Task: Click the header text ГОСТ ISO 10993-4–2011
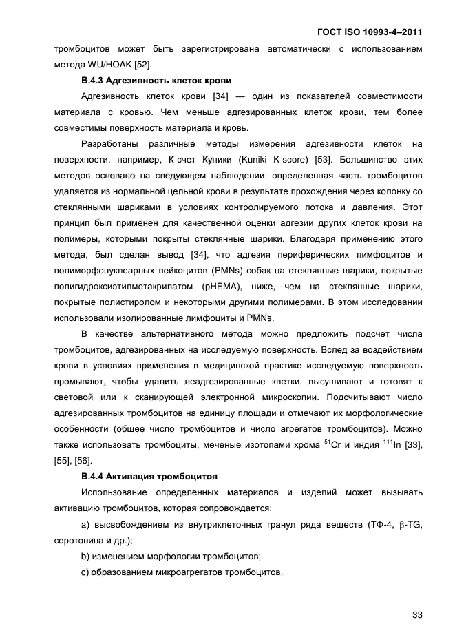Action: [x=370, y=32]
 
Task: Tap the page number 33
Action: [x=416, y=614]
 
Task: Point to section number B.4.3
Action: [x=93, y=81]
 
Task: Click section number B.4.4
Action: [x=93, y=476]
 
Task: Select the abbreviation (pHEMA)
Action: [x=222, y=287]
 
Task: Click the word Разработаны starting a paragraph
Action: [x=109, y=144]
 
